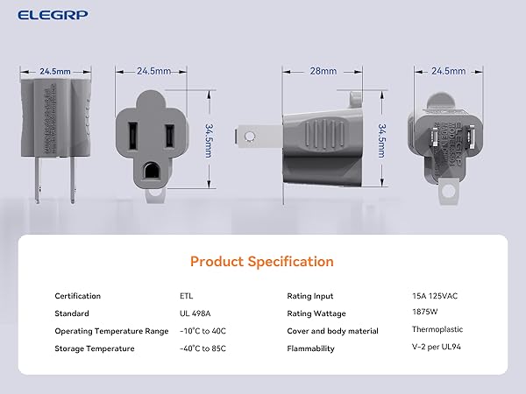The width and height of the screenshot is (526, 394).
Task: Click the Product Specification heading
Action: tap(261, 261)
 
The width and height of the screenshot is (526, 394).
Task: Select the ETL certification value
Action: tap(187, 296)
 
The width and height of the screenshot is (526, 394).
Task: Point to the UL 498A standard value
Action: tap(194, 313)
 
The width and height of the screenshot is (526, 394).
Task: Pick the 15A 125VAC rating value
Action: tap(434, 295)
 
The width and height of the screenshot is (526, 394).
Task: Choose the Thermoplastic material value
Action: tap(437, 329)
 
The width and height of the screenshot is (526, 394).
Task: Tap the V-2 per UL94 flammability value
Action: tap(436, 348)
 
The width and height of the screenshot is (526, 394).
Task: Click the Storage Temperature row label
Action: tap(95, 348)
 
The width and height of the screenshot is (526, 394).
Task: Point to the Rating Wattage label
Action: tap(316, 313)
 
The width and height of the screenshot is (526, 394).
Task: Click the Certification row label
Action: tap(78, 296)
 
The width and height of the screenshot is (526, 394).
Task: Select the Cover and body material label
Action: tap(332, 331)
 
